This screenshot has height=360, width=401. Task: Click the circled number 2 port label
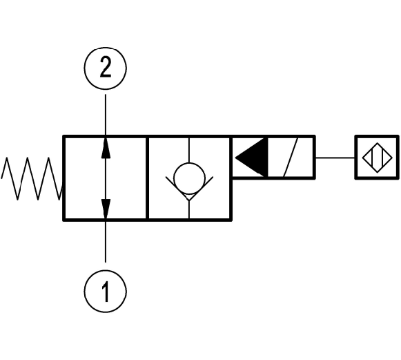(x=105, y=68)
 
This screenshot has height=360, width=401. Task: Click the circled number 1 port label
(x=105, y=291)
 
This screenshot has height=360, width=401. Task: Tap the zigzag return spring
(x=32, y=178)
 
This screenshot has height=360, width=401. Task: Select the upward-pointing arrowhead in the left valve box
(x=106, y=148)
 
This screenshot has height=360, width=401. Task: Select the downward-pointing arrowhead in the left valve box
(x=106, y=209)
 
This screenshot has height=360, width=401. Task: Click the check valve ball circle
(x=189, y=178)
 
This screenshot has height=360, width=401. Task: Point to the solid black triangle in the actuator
(x=251, y=158)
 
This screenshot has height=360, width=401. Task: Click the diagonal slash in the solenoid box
(x=291, y=158)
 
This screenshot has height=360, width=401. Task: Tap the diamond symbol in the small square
(x=378, y=158)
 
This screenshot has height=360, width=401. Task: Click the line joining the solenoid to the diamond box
(x=335, y=158)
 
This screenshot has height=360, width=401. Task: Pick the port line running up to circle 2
(x=106, y=115)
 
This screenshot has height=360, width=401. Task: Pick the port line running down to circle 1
(x=106, y=241)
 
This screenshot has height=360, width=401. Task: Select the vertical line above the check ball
(x=189, y=151)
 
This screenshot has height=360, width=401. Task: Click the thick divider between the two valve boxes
(x=147, y=178)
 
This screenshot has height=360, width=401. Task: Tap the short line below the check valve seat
(x=189, y=209)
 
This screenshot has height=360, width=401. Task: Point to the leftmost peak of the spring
(x=6, y=158)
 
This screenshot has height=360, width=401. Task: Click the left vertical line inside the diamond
(x=372, y=158)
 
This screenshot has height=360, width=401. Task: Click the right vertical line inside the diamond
(x=382, y=158)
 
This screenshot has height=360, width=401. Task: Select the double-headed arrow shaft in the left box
(x=106, y=178)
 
